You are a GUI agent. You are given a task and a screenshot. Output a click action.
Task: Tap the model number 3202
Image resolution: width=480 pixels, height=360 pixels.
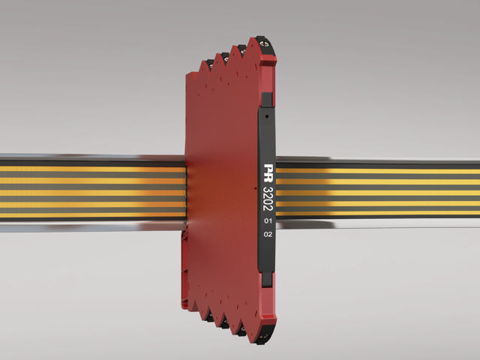pyautogui.click(x=268, y=199)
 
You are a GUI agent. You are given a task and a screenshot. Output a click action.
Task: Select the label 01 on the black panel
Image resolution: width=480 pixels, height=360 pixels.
pyautogui.click(x=268, y=220)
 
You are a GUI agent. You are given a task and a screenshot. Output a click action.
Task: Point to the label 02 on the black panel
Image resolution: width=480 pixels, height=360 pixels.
pyautogui.click(x=268, y=234)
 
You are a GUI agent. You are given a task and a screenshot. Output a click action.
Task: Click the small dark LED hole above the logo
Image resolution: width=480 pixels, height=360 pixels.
pyautogui.click(x=267, y=117)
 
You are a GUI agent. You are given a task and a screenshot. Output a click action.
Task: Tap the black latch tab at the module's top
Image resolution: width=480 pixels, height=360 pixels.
pyautogui.click(x=267, y=100)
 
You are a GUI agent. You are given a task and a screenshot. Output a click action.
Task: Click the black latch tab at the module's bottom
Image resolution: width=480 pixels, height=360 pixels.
pyautogui.click(x=267, y=280)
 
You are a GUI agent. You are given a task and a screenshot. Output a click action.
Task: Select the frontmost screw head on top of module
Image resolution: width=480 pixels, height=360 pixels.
pyautogui.click(x=263, y=43)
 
